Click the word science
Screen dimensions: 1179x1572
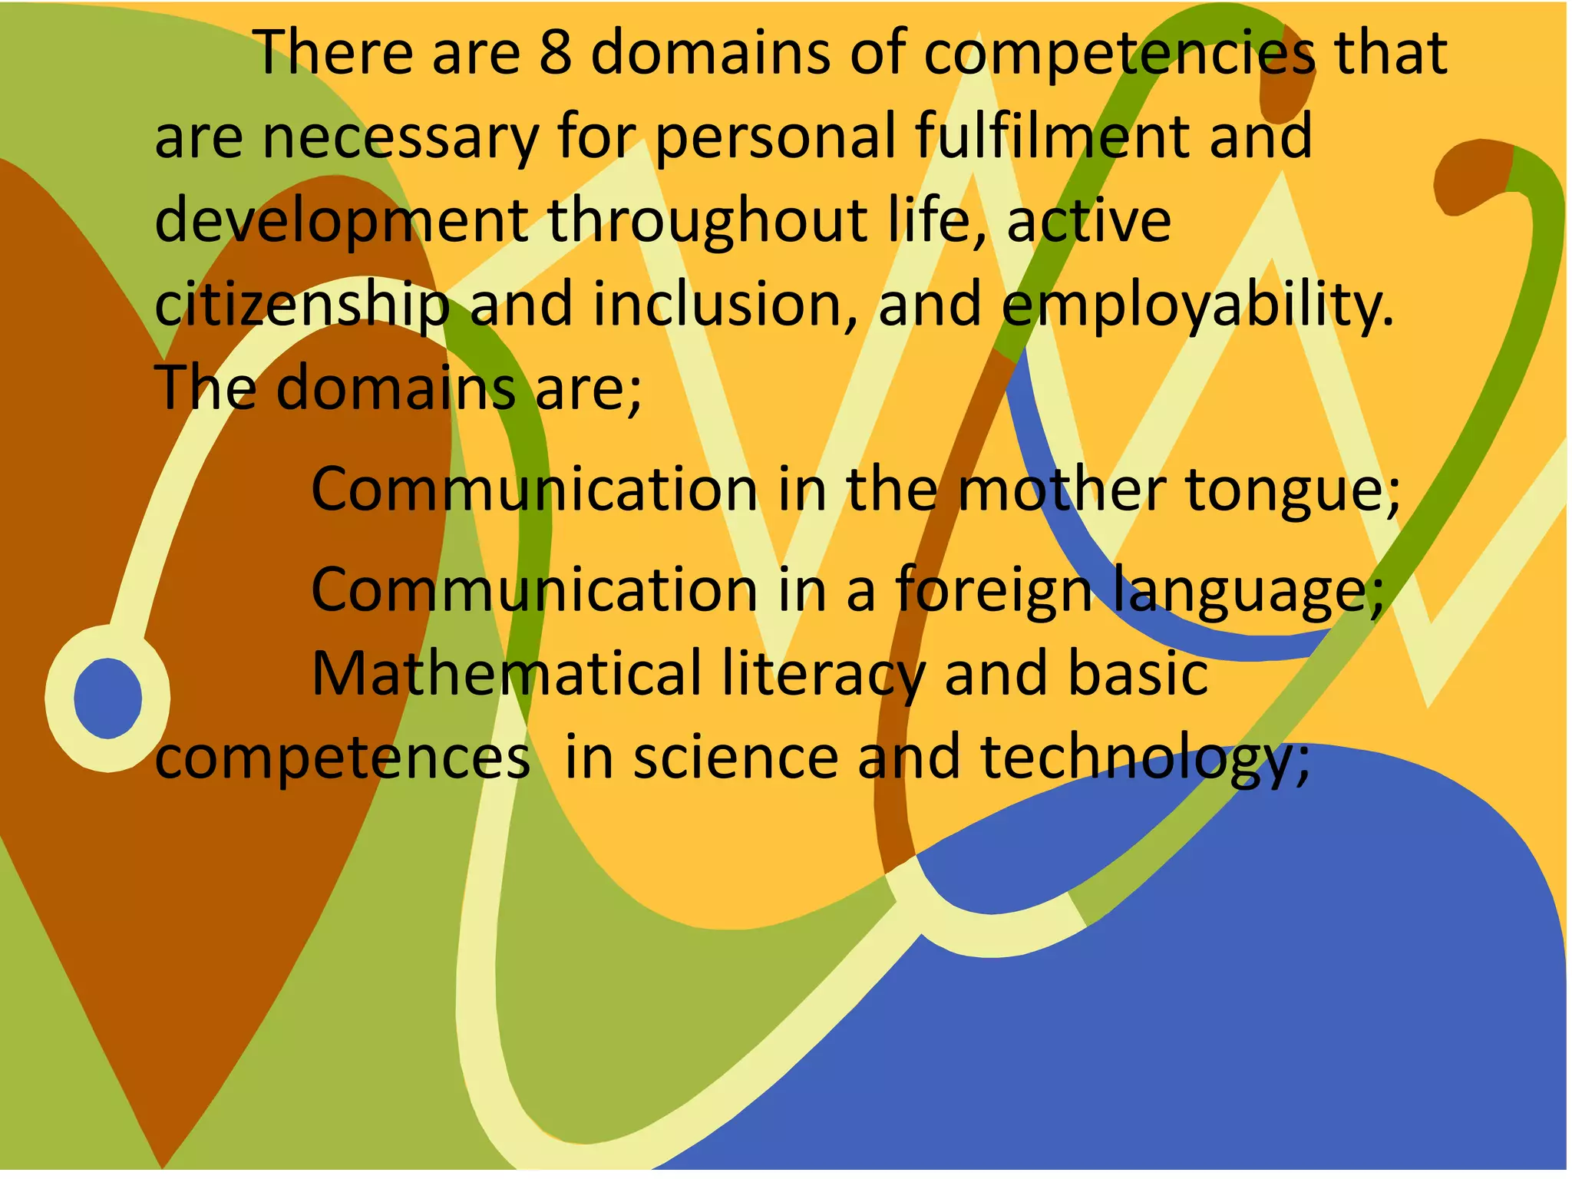(735, 757)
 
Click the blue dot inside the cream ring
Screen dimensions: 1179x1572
(108, 698)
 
